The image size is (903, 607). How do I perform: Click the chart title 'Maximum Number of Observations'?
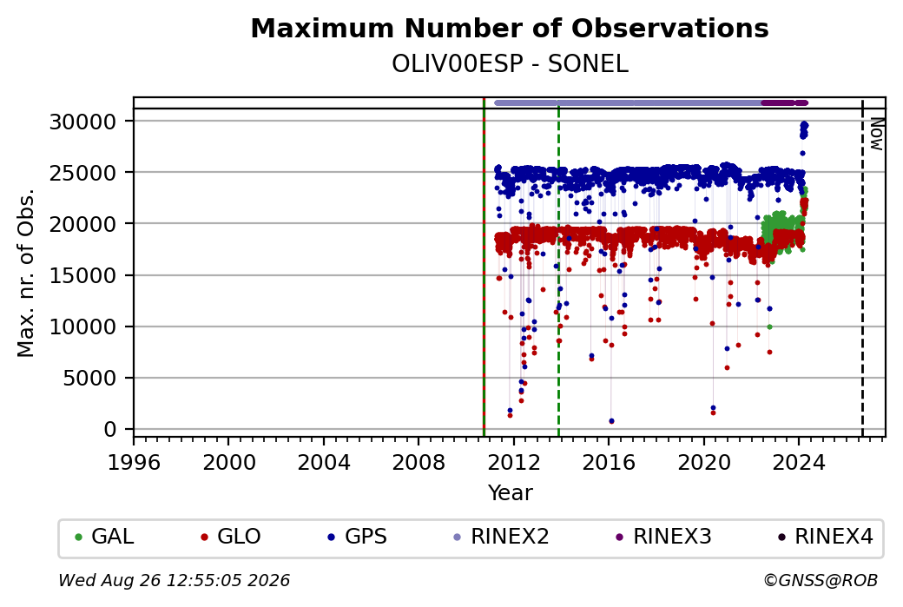510,28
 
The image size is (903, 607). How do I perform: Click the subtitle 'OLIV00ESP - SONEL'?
510,64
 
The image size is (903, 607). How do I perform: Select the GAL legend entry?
105,537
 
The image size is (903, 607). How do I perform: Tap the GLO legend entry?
231,537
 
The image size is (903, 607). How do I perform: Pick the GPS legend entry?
358,537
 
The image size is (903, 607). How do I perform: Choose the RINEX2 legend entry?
502,537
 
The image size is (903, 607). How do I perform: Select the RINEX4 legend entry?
826,537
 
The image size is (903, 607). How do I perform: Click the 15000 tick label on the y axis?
83,275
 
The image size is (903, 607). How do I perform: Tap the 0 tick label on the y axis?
110,429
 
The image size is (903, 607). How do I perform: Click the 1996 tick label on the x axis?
135,463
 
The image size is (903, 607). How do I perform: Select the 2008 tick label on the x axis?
419,463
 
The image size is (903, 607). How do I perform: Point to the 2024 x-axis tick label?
799,463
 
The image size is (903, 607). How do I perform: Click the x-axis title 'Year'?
511,493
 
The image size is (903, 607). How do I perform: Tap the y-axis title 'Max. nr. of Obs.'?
26,273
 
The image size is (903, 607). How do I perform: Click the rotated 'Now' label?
876,134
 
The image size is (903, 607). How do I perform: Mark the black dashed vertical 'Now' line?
862,267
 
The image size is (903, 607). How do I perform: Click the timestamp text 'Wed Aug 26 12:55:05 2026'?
174,580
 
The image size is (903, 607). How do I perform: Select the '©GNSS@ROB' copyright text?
821,580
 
